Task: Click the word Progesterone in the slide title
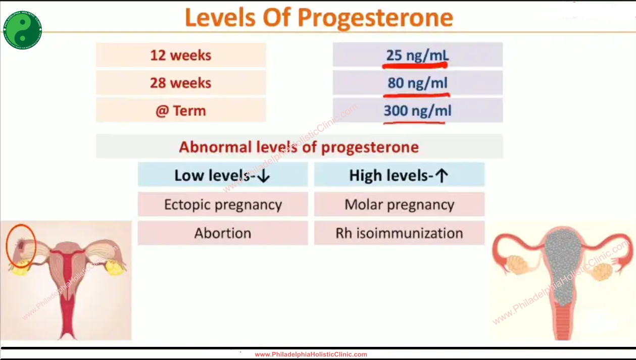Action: pyautogui.click(x=375, y=18)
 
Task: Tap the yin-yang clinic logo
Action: pyautogui.click(x=23, y=30)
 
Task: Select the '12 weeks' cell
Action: pyautogui.click(x=181, y=55)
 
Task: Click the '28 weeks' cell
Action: pyautogui.click(x=181, y=83)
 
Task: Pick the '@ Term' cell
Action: pyautogui.click(x=181, y=111)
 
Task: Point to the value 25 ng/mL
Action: pyautogui.click(x=417, y=55)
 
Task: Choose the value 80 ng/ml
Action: pyautogui.click(x=417, y=83)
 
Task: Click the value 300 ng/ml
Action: pyautogui.click(x=417, y=111)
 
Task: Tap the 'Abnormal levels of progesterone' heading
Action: pyautogui.click(x=299, y=147)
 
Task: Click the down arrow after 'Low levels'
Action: pyautogui.click(x=263, y=176)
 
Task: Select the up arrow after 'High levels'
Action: pyautogui.click(x=442, y=176)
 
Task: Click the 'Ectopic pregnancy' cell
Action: pyautogui.click(x=223, y=204)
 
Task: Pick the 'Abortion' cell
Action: pyautogui.click(x=223, y=233)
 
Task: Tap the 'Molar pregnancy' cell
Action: pyautogui.click(x=399, y=204)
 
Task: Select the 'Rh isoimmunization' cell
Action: pyautogui.click(x=399, y=233)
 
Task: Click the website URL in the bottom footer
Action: pyautogui.click(x=311, y=354)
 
